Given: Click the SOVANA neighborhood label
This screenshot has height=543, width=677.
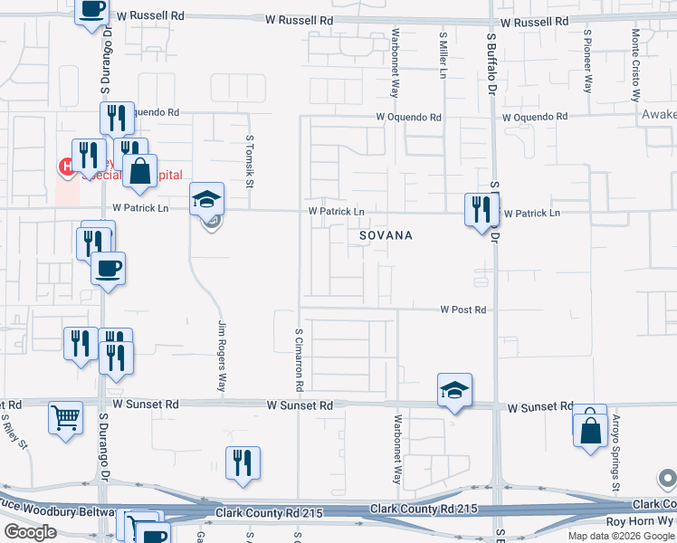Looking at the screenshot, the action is tap(386, 235).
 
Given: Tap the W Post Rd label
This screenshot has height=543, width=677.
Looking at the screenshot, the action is tap(463, 310).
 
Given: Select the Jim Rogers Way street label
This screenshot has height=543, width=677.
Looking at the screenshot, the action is tap(222, 356).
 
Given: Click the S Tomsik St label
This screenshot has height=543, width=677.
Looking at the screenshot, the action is tap(249, 161).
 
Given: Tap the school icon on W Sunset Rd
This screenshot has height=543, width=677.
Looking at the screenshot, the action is tap(454, 390).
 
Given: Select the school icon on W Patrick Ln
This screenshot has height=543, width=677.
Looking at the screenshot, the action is tap(206, 199).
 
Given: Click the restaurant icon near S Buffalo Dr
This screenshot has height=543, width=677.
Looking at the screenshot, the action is tap(482, 210).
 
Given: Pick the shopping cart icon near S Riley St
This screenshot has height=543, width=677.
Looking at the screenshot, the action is tap(65, 418).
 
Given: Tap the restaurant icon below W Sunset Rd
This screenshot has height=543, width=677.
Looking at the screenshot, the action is tap(243, 463).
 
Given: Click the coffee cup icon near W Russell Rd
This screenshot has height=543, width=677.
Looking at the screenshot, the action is tap(91, 11).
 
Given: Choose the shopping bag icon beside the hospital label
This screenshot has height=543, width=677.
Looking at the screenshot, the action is tap(139, 171).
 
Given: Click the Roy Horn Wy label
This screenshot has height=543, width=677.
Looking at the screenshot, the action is tap(640, 521).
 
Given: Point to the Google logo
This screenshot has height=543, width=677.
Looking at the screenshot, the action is tap(30, 532).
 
